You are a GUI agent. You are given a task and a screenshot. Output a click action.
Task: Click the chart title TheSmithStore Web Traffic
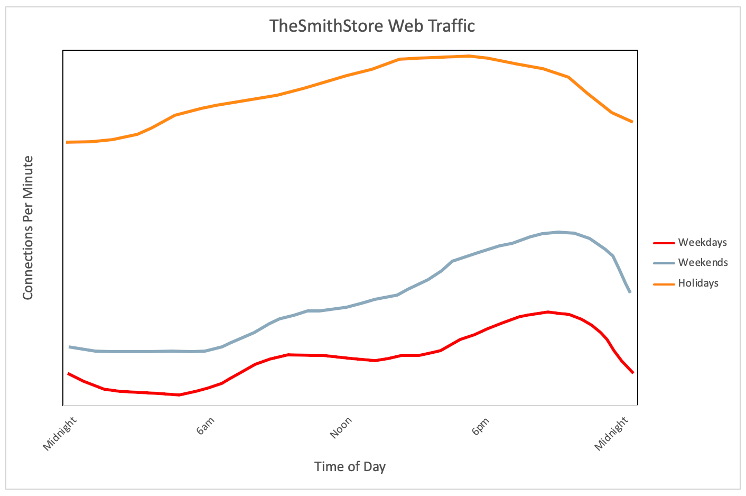point(372,26)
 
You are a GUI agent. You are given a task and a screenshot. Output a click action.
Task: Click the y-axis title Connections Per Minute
point(28,227)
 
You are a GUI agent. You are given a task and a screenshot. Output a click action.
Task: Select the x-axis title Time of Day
point(350,466)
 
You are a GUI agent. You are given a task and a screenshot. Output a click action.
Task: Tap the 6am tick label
point(206,426)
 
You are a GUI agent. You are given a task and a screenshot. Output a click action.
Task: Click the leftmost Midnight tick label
point(60,434)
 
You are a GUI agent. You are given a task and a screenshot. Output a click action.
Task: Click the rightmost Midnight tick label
point(612,434)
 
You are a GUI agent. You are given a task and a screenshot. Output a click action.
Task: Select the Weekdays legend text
point(702,243)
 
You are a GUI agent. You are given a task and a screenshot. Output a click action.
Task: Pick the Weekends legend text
point(703,263)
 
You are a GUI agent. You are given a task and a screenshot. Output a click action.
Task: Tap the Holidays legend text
point(698,283)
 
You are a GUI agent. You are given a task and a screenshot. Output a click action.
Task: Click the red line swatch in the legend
point(664,243)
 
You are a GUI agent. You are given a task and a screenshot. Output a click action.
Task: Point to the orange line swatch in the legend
point(664,283)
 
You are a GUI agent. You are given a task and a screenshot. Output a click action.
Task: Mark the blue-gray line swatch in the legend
point(664,263)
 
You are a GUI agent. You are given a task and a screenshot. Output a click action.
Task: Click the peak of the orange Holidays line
point(469,56)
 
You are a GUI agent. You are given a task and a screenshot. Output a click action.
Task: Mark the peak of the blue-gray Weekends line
point(558,232)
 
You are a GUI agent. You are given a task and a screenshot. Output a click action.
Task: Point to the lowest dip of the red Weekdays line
point(180,394)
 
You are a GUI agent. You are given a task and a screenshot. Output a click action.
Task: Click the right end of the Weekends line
point(630,292)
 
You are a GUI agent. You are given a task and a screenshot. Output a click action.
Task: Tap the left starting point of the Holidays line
point(68,142)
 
